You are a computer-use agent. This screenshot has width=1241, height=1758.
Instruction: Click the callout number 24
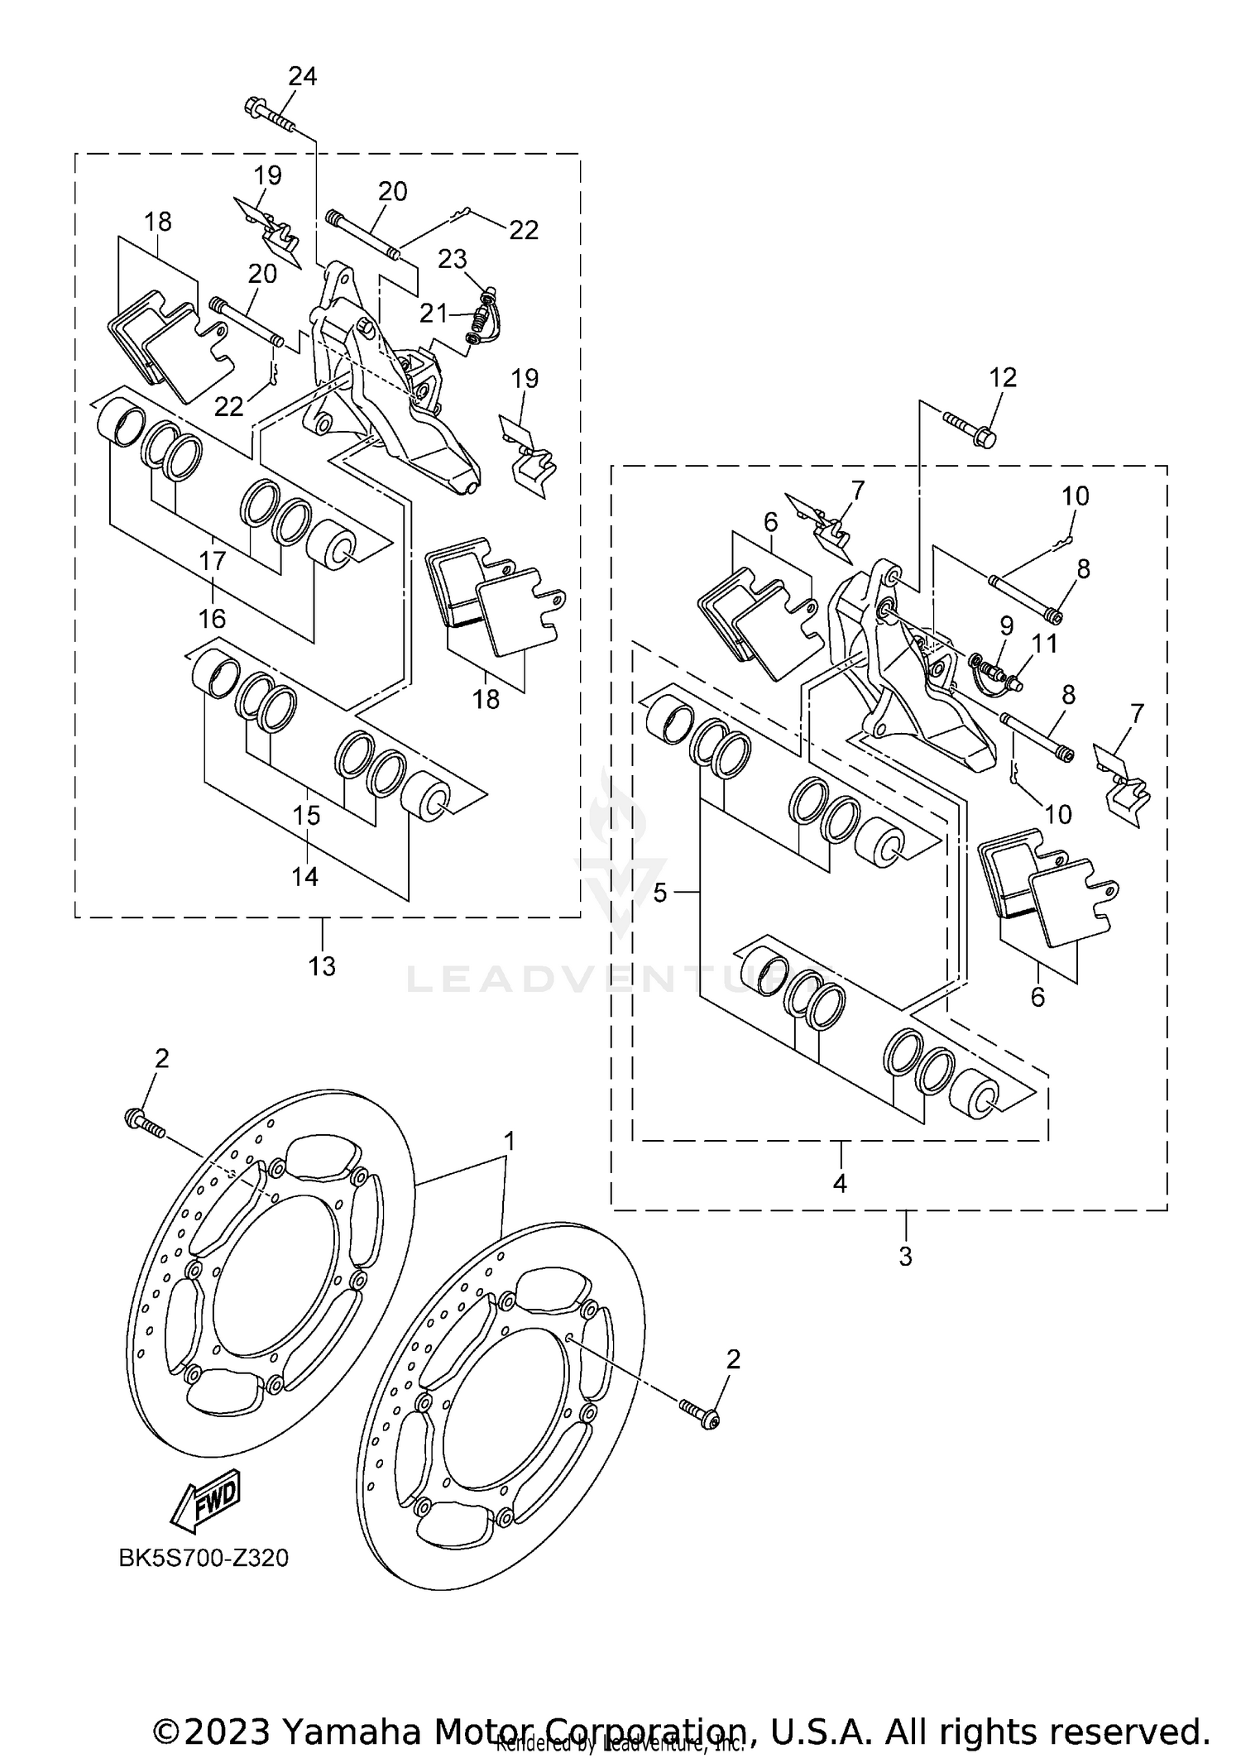point(302,77)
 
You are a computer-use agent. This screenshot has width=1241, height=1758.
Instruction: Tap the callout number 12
point(1003,378)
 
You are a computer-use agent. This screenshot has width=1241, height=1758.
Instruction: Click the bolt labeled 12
point(970,429)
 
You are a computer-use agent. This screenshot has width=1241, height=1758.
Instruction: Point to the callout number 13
point(322,965)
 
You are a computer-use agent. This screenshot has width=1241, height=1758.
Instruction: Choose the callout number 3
point(905,1257)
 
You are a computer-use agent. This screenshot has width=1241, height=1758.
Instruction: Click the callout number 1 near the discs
point(510,1142)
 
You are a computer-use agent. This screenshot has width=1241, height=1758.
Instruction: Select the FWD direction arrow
point(205,1497)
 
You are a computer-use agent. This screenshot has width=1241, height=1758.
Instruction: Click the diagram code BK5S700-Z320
point(204,1559)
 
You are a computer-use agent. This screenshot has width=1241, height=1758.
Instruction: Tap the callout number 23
point(452,259)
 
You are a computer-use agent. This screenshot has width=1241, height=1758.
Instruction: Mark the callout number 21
point(433,313)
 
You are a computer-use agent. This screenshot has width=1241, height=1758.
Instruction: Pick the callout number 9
point(1006,625)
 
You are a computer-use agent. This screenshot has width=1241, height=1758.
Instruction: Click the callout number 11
point(1045,643)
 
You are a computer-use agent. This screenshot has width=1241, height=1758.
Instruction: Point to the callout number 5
point(659,893)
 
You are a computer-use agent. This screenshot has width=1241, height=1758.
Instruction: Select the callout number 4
point(840,1184)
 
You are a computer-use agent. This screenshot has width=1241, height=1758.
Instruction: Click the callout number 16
point(212,618)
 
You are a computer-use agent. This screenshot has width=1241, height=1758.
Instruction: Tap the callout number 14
point(304,876)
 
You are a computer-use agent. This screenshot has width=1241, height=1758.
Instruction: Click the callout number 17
point(212,561)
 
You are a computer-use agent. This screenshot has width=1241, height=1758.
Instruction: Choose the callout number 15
point(306,815)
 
